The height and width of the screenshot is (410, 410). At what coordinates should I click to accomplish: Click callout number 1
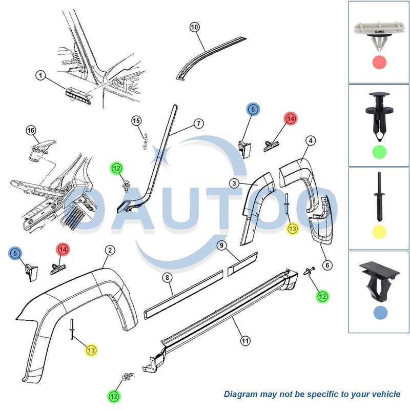click(x=40, y=75)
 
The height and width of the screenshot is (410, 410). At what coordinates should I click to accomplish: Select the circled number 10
click(x=194, y=27)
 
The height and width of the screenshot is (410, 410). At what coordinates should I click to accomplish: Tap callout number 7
click(x=198, y=124)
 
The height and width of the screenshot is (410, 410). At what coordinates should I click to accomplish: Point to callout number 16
click(x=31, y=131)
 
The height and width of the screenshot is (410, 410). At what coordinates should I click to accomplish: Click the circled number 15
click(x=136, y=121)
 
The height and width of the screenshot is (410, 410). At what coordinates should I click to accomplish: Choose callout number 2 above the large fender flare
click(x=110, y=250)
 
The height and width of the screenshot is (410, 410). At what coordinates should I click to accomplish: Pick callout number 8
click(x=168, y=277)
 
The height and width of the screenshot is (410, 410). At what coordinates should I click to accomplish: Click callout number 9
click(x=222, y=245)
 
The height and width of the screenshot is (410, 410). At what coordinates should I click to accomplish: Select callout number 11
click(x=245, y=341)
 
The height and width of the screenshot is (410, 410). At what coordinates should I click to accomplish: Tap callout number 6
click(x=327, y=265)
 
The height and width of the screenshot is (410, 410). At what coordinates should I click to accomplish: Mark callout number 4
click(x=311, y=140)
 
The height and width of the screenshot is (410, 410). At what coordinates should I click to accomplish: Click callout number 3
click(x=234, y=183)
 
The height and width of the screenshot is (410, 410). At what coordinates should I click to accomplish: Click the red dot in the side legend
click(x=379, y=63)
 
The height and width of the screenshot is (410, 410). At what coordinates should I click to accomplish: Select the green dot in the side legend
click(x=379, y=152)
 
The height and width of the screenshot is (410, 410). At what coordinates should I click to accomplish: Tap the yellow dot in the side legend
click(x=379, y=232)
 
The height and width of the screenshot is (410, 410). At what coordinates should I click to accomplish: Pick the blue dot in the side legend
click(x=380, y=313)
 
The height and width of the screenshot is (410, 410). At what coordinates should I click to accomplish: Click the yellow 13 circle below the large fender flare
click(x=91, y=350)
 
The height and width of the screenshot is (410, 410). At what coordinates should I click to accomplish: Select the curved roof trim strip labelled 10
click(x=207, y=54)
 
